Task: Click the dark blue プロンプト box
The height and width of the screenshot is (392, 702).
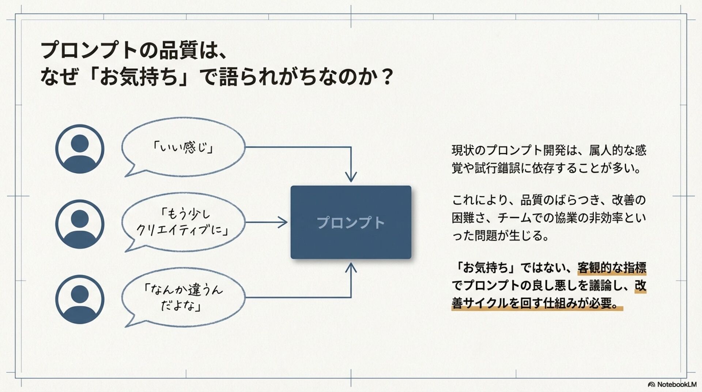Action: [351, 222]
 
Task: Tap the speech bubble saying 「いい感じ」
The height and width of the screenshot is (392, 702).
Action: [183, 147]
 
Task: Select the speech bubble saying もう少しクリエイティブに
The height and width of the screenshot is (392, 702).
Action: [183, 222]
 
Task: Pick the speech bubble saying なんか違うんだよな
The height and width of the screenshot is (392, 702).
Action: [183, 297]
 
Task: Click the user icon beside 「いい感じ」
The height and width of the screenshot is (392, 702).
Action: [80, 149]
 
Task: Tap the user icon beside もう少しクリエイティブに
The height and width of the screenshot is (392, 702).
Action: [80, 224]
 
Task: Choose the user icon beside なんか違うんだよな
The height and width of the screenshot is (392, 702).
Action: [80, 299]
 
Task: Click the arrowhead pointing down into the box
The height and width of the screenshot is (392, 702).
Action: [351, 177]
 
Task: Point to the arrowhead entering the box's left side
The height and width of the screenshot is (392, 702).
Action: [283, 222]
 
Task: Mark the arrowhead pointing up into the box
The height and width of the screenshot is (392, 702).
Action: [351, 268]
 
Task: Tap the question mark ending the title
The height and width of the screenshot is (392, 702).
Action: [386, 77]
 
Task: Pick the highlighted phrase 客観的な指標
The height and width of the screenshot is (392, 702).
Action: [612, 268]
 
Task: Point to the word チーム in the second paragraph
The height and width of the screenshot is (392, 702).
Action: [514, 218]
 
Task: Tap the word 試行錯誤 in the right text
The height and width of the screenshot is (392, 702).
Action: [497, 168]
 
